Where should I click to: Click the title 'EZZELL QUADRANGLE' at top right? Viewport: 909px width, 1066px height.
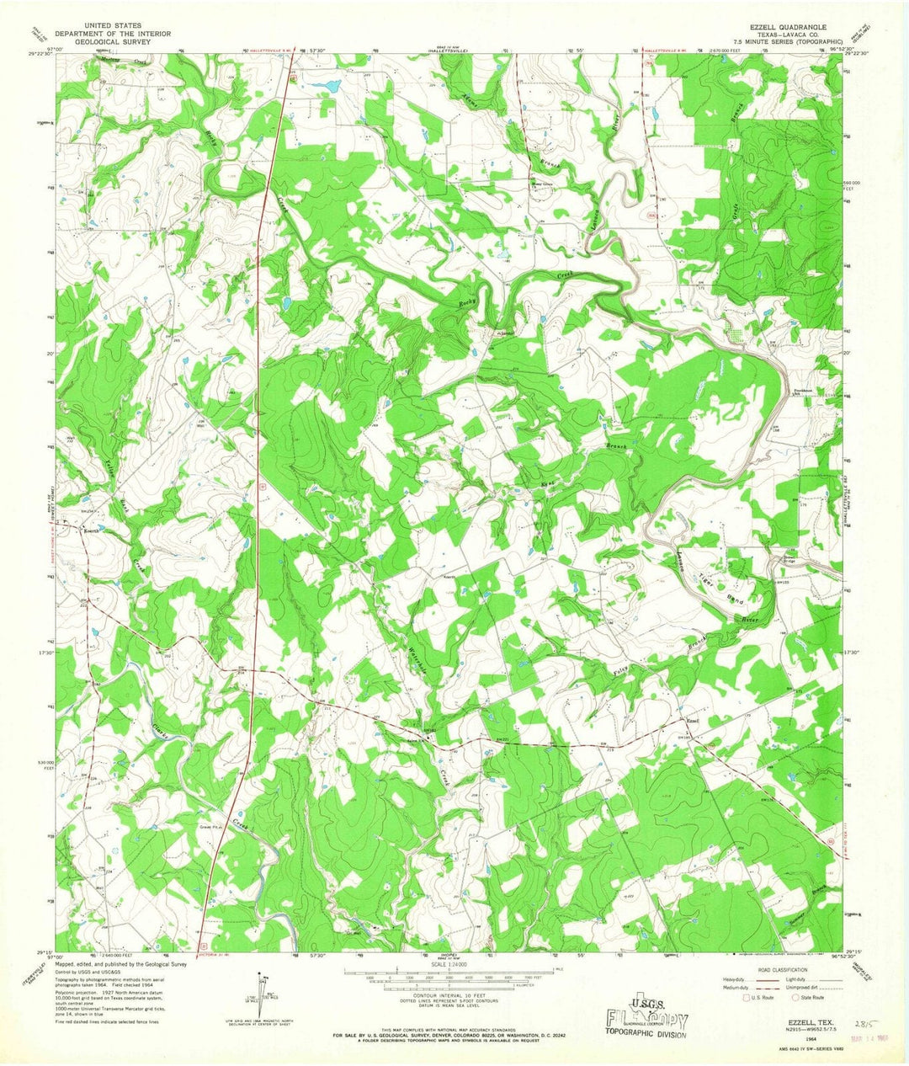coord(786,27)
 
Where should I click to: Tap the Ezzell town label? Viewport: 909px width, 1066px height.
coord(694,720)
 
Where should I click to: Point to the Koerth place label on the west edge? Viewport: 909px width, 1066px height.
coord(91,531)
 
